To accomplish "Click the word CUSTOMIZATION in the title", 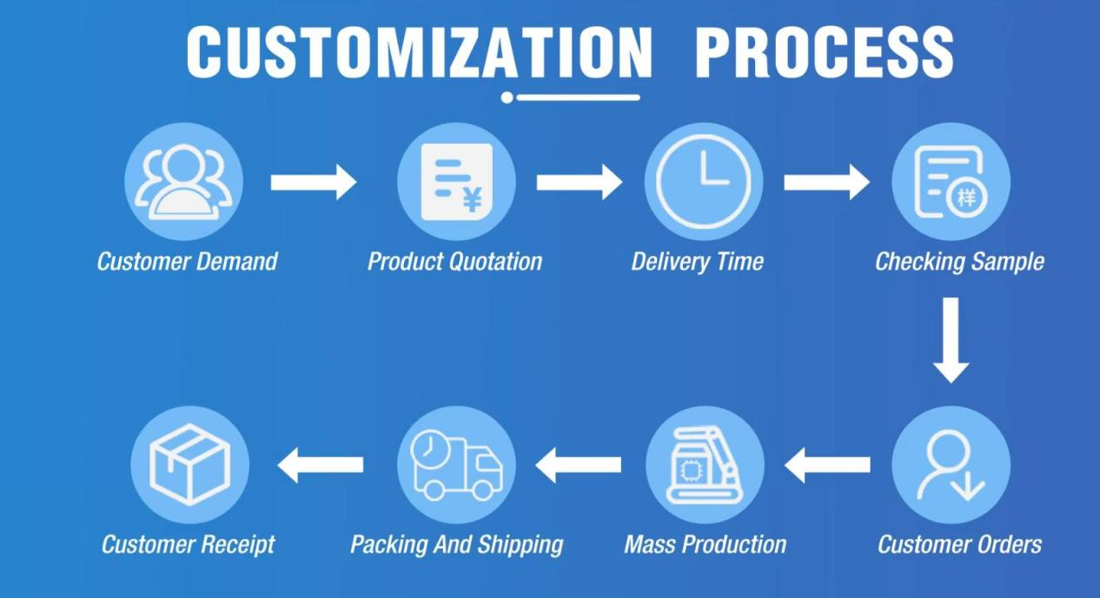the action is coord(420,51).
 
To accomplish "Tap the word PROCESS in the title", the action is coord(825,51).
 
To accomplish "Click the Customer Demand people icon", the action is coord(183,182).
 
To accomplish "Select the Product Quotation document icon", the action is coord(457,182).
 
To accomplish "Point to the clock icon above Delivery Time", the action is coord(704,182).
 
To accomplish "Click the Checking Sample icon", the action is coord(951,182).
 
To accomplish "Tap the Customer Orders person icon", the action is coord(951,465).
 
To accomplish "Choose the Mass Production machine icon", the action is coord(705,465).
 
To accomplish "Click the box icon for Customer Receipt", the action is coord(189,465).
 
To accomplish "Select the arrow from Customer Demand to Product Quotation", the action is coord(314,183).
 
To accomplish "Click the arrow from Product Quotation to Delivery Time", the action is coord(580,183).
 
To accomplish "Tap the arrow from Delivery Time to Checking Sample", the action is coord(827,183).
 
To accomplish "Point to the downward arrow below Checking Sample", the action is coord(951,340).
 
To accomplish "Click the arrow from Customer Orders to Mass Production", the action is coord(827,465).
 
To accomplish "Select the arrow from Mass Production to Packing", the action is coord(578,465).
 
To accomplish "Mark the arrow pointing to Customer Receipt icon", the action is coord(321,465).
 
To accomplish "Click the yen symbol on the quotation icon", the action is coord(473,199).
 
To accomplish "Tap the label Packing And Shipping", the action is coord(457,545).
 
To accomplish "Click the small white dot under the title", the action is coord(507,97).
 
